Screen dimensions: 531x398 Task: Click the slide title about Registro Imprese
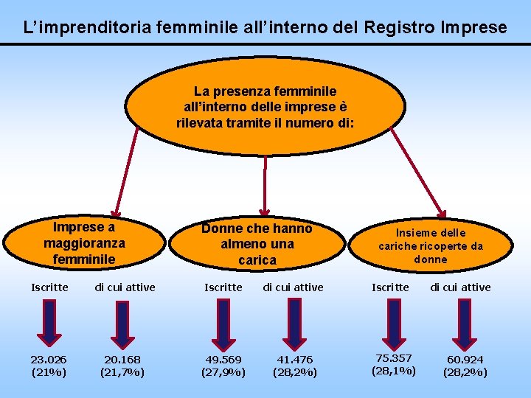[265, 28]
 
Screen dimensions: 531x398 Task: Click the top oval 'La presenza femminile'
[265, 107]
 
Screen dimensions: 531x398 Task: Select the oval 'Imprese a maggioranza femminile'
[84, 242]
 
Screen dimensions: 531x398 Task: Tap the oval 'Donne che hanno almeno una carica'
[257, 244]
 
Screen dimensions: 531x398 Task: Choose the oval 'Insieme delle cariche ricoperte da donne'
[431, 245]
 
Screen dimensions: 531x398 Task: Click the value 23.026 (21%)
[49, 366]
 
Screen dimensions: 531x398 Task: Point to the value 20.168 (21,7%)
[122, 366]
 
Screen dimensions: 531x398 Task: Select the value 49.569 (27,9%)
[223, 366]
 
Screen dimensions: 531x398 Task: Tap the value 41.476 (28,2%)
[294, 366]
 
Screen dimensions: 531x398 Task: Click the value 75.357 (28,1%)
[393, 364]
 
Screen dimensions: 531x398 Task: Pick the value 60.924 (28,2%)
[465, 366]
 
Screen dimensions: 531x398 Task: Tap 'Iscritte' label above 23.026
[49, 287]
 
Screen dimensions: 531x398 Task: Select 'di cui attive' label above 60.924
[460, 287]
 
